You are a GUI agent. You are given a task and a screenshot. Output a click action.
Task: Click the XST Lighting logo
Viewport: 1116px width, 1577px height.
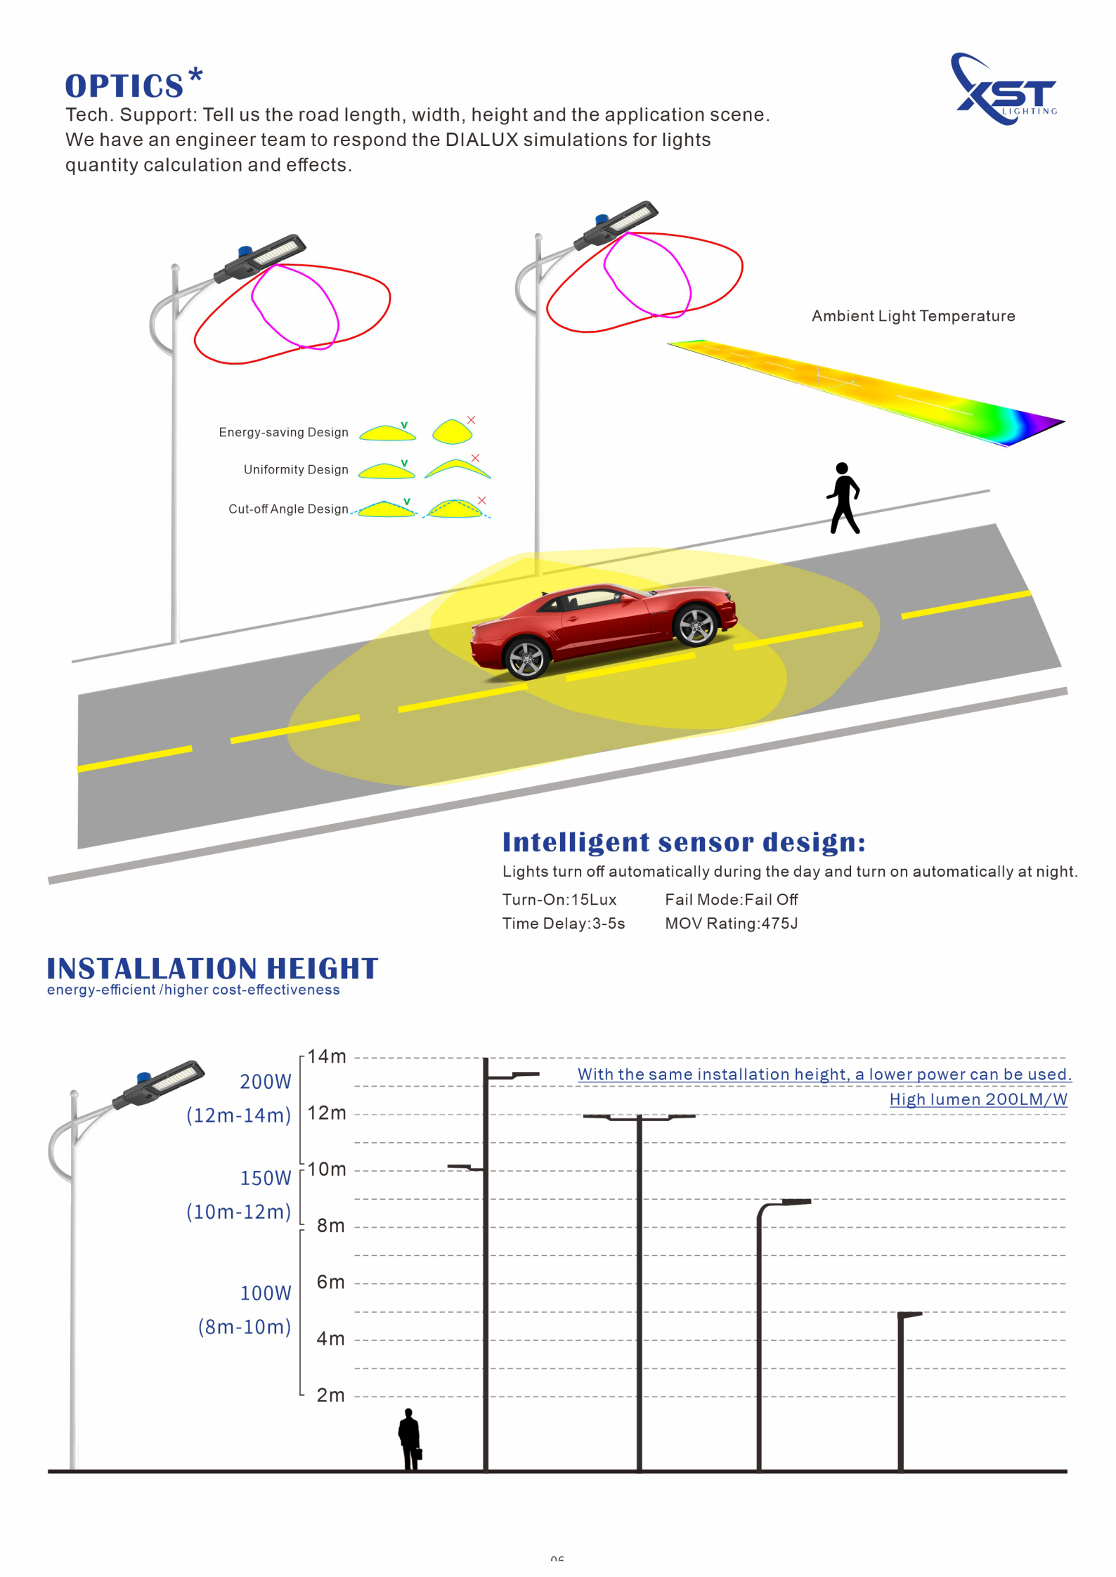click(x=1004, y=89)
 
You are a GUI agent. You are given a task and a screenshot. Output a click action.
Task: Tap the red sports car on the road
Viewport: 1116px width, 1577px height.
click(x=604, y=629)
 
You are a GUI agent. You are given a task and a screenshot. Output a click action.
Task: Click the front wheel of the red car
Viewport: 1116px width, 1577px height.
click(x=696, y=624)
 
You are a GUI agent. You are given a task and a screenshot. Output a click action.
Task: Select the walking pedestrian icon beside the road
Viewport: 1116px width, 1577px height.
click(x=843, y=498)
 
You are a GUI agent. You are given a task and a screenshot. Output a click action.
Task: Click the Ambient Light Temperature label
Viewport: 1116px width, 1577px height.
click(x=914, y=316)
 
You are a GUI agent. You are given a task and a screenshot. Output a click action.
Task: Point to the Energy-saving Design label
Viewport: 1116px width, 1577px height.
click(x=283, y=432)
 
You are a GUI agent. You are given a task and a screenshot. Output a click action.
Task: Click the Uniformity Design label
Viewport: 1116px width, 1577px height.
click(x=296, y=469)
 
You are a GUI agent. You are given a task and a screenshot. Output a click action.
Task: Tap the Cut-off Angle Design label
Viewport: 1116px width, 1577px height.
click(x=288, y=509)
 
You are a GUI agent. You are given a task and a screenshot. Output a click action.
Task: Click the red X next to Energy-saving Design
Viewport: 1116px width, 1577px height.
click(x=472, y=420)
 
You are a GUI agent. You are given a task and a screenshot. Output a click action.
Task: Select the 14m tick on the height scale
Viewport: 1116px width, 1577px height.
click(x=327, y=1056)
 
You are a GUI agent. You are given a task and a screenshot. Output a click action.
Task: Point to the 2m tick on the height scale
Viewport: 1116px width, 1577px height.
click(x=330, y=1395)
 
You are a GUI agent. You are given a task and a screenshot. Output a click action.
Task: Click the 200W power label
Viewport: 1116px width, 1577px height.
click(x=265, y=1082)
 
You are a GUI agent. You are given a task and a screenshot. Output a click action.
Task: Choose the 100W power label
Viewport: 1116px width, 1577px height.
click(x=265, y=1293)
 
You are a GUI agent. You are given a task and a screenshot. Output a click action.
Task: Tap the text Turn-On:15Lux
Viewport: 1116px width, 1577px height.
click(x=559, y=900)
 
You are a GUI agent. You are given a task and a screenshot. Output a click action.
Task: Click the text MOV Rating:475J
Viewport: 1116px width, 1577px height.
click(x=732, y=924)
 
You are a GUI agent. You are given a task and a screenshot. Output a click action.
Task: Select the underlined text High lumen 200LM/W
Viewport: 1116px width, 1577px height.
click(x=978, y=1099)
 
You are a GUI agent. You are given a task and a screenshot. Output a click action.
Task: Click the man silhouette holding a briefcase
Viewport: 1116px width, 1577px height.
click(x=410, y=1439)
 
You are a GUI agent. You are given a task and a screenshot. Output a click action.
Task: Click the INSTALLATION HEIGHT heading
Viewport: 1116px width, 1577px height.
click(x=212, y=969)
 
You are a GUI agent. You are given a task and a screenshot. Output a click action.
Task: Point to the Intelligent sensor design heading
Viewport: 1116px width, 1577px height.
click(x=684, y=842)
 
